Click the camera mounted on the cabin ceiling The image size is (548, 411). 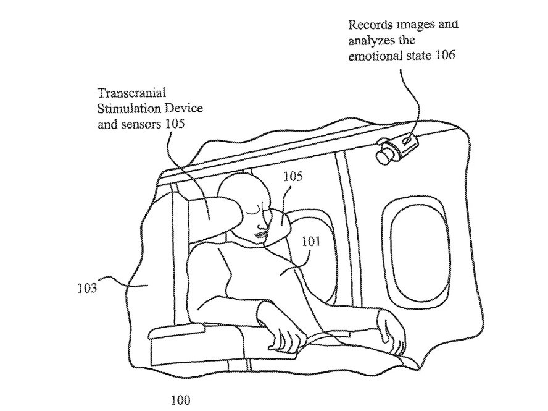pos(397,145)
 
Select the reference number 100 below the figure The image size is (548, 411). pos(181,399)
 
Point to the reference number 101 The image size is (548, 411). pos(311,242)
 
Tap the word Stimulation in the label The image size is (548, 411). pos(127,109)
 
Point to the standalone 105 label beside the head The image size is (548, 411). pos(293,177)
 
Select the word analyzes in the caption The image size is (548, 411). pos(370,41)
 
